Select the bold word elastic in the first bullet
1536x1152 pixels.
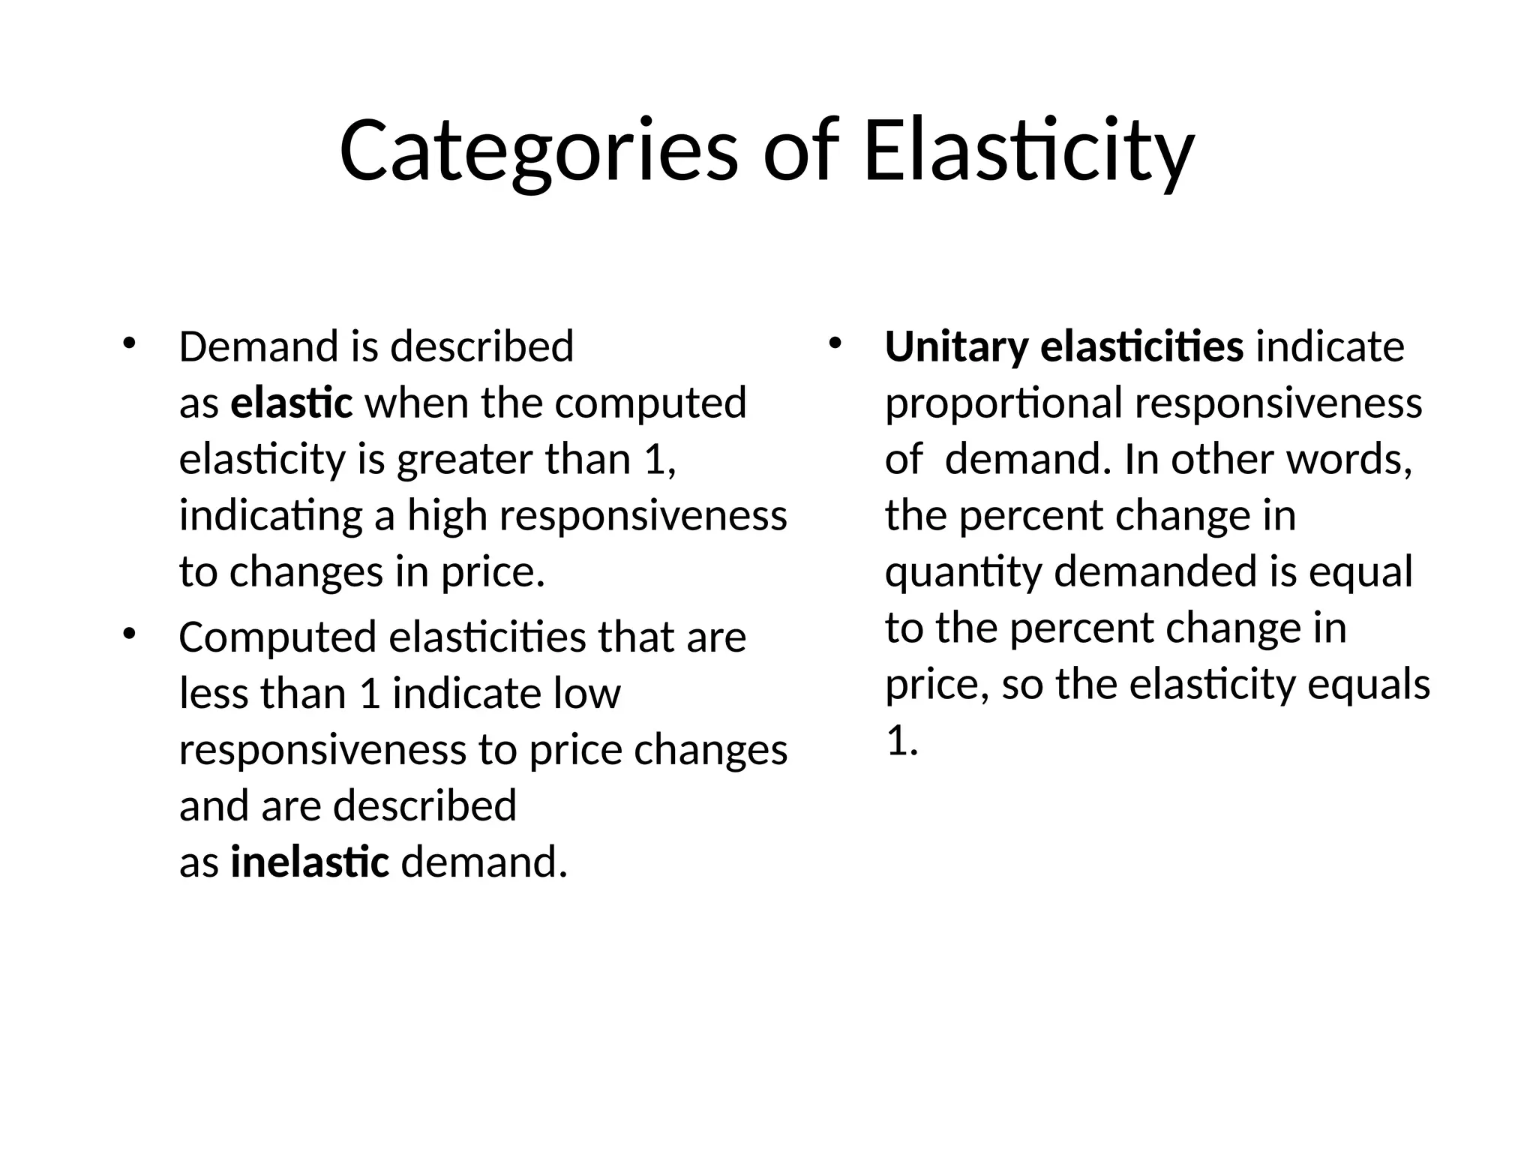tap(291, 403)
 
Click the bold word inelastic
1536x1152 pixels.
tap(310, 862)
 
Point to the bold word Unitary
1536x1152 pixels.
tap(955, 347)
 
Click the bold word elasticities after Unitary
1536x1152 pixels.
tap(1141, 347)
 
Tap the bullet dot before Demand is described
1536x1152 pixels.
tap(129, 344)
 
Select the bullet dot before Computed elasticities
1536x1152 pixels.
tap(129, 634)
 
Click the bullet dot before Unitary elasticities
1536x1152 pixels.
tap(835, 344)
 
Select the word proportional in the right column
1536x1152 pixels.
tap(1003, 404)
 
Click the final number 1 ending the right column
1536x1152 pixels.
tap(896, 742)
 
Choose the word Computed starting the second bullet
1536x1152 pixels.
tap(277, 638)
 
